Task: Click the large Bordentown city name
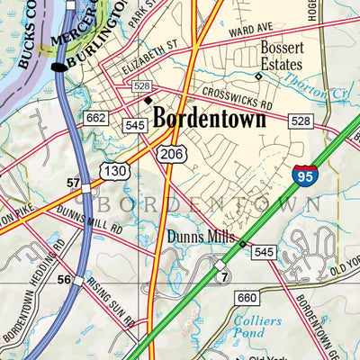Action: [x=209, y=119]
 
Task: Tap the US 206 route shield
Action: [x=171, y=155]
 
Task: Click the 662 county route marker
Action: [x=96, y=118]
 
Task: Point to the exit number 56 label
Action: [x=65, y=280]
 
